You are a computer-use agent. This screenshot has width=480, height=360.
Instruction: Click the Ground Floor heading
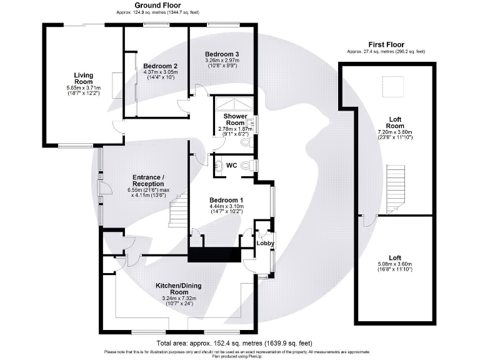[145, 6]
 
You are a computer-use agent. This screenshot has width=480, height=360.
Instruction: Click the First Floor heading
[386, 45]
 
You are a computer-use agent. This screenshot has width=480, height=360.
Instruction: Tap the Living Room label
[83, 79]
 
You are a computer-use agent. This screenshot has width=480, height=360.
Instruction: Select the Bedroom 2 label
[161, 66]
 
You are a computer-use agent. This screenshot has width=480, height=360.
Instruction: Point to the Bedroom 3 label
[222, 54]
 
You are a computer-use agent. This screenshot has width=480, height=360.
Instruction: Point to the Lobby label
[266, 243]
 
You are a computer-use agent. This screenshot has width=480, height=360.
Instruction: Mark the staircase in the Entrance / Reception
[179, 209]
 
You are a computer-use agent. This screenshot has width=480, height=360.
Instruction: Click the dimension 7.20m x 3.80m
[395, 133]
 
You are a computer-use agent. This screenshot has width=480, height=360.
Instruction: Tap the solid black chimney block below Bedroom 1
[214, 255]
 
